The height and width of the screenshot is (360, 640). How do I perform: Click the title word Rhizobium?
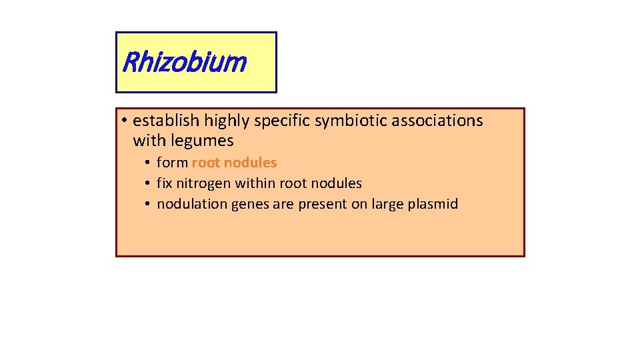[x=185, y=63]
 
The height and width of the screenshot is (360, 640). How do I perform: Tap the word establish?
[x=166, y=121]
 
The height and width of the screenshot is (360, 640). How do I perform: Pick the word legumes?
[x=203, y=141]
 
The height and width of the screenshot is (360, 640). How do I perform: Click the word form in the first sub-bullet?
[x=172, y=163]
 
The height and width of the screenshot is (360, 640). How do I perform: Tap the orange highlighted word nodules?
[x=251, y=163]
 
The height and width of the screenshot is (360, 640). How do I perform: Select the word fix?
[x=164, y=183]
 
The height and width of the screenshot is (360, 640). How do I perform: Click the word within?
[x=255, y=183]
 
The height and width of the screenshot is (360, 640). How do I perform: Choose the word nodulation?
[x=191, y=204]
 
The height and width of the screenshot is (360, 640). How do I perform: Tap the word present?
[x=323, y=204]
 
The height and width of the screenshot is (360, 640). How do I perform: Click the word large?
[x=388, y=205]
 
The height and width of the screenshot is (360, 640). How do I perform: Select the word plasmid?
[x=434, y=204]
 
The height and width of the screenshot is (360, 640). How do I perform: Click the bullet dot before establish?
[x=125, y=121]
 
